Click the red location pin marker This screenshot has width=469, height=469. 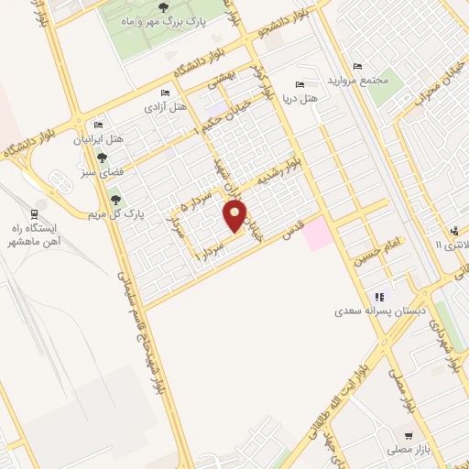point(235,216)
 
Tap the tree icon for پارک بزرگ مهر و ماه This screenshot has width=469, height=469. point(163,8)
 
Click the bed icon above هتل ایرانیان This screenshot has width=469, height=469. point(99,125)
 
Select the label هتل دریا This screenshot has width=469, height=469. point(299,97)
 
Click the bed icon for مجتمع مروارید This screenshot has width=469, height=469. point(357,65)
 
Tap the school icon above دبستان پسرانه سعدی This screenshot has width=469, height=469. point(377,297)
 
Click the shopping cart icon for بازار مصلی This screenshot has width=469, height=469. point(409,436)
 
